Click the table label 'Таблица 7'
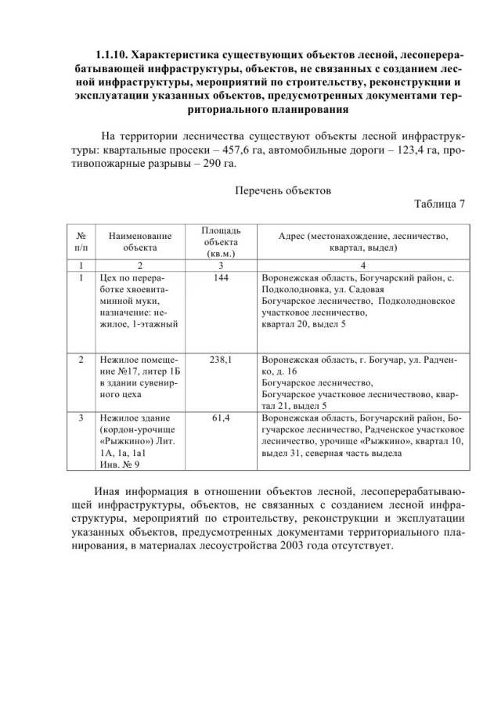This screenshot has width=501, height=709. [x=438, y=204]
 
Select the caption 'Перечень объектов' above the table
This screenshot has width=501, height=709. [x=283, y=190]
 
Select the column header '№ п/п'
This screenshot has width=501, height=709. [x=81, y=241]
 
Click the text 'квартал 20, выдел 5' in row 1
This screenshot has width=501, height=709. [x=304, y=323]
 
